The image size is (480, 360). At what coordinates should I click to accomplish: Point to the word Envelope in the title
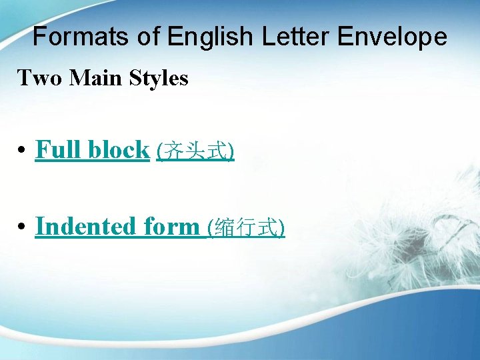[392, 37]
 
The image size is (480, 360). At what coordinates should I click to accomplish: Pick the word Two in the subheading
[38, 79]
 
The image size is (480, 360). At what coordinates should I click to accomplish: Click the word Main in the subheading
[90, 79]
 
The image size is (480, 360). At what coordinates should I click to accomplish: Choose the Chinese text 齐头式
[195, 151]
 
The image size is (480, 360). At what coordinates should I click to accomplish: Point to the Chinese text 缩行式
[247, 228]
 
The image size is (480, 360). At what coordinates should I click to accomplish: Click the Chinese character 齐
[170, 151]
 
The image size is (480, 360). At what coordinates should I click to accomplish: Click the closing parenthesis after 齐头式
[231, 152]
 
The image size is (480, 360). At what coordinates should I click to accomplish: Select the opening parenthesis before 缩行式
[211, 228]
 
